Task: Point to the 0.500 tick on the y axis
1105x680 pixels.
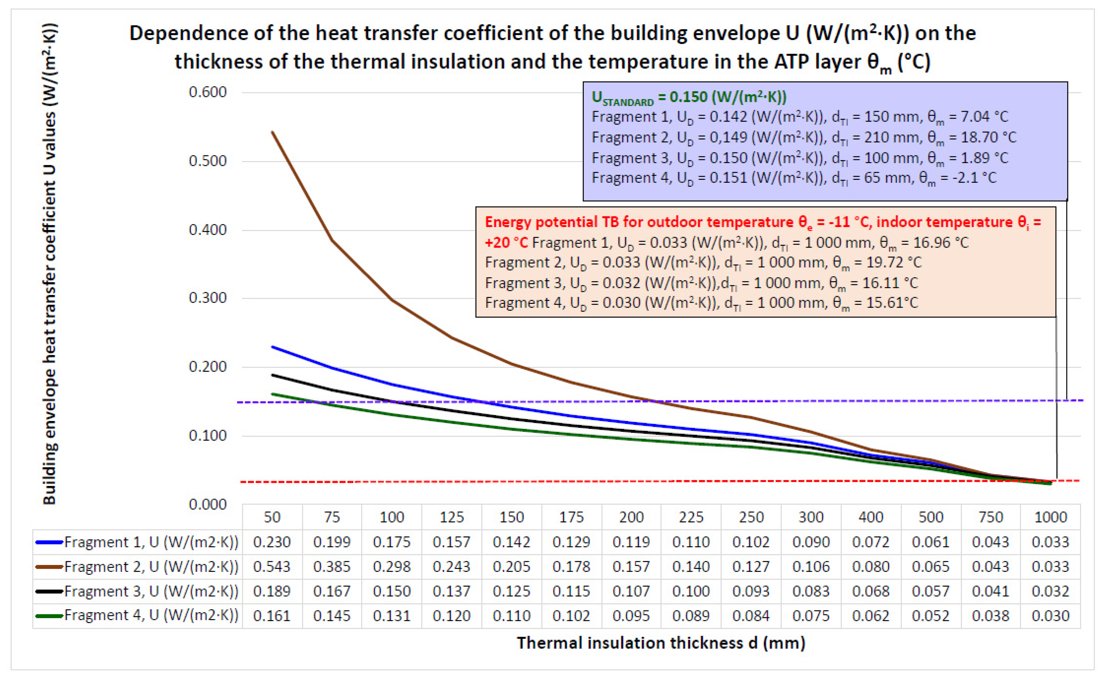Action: pos(207,161)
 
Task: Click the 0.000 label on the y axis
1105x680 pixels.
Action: pos(207,505)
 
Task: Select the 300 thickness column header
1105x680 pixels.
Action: pos(811,517)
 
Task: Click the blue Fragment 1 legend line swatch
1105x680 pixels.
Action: pos(48,542)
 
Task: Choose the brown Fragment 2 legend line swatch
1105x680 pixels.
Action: pos(48,567)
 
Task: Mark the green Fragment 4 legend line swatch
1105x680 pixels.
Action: pos(48,616)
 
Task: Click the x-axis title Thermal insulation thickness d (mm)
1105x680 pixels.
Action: pos(661,643)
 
